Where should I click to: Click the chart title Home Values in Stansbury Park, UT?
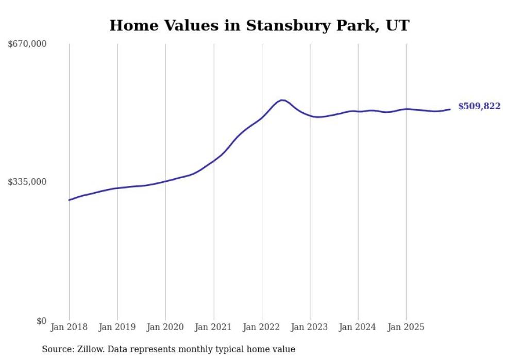(259, 25)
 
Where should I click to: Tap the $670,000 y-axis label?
(27, 44)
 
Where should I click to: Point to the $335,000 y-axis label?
(27, 182)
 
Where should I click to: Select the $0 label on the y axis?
(41, 321)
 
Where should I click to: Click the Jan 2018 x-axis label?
(69, 327)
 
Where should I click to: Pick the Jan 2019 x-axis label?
(117, 327)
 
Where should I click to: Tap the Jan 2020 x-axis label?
(165, 327)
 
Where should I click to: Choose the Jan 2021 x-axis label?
(213, 327)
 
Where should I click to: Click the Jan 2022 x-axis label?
(262, 327)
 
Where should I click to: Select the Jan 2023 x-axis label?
(310, 327)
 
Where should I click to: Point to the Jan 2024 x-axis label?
(358, 327)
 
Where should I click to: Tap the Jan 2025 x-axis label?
(406, 327)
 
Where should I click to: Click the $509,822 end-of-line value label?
(479, 107)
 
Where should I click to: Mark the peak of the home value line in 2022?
(281, 100)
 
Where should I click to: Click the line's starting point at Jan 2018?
(69, 200)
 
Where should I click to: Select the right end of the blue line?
(450, 109)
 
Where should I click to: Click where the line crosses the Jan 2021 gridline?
(213, 161)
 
